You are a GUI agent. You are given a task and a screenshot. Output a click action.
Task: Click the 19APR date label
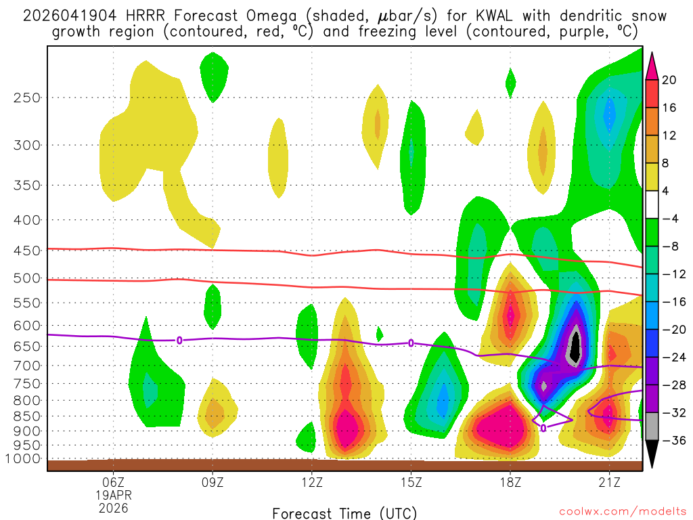[x=113, y=495]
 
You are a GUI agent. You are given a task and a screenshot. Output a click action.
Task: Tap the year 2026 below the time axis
[x=113, y=507]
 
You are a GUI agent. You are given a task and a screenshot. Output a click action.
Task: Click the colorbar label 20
[x=669, y=80]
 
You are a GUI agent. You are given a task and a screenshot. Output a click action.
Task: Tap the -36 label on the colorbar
[x=672, y=440]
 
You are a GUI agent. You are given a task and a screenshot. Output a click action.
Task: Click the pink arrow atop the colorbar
[x=652, y=65]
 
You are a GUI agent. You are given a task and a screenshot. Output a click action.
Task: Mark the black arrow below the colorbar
[x=652, y=454]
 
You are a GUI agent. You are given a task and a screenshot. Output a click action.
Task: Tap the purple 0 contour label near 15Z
[x=411, y=343]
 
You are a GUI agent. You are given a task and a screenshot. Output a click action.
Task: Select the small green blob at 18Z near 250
[x=510, y=82]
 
